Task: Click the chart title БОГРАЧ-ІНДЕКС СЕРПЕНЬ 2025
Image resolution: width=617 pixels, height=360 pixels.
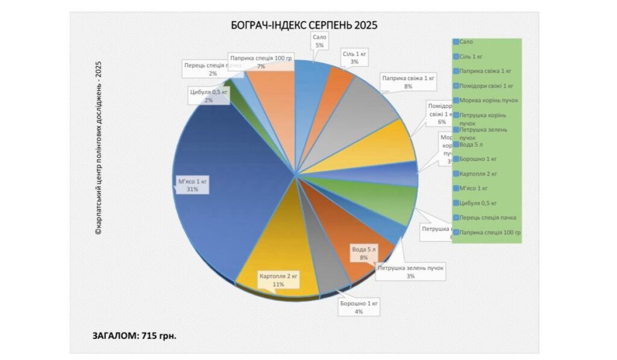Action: pos(304,25)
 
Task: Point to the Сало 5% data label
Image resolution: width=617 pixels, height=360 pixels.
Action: pos(319,41)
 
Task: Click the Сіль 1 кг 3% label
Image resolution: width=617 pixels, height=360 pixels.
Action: pos(354,58)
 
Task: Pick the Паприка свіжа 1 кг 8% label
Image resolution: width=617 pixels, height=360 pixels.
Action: pos(408,82)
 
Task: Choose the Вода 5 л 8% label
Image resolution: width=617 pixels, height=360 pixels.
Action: pos(364,253)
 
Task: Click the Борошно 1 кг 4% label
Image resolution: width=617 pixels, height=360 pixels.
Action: pos(359,307)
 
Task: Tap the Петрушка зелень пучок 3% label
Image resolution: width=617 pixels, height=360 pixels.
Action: pos(410,271)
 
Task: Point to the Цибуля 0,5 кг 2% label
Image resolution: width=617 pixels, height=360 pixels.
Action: pos(208,96)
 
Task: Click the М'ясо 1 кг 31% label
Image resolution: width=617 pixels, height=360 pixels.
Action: pos(192,185)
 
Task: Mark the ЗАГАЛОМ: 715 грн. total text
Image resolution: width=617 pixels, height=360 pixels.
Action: pos(134,335)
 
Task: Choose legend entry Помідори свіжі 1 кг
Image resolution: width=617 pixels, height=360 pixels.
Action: pos(486,86)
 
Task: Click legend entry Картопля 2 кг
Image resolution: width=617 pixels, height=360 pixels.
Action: pos(478,174)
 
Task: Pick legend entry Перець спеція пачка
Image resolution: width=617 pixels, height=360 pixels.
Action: pos(487,217)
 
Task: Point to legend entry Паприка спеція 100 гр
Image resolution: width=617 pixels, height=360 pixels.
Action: pos(489,232)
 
